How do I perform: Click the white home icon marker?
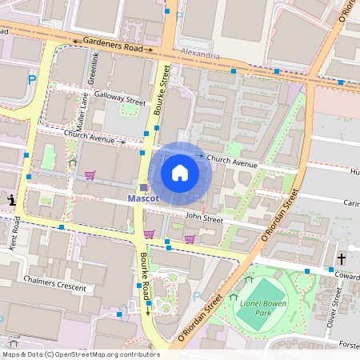click(x=180, y=173)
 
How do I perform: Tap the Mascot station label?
click(x=144, y=198)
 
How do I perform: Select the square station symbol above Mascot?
click(x=144, y=187)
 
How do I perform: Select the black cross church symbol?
click(x=342, y=259)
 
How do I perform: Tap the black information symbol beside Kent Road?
click(x=11, y=199)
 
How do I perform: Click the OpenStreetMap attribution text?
click(x=81, y=354)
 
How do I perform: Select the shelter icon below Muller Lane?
click(x=72, y=162)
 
